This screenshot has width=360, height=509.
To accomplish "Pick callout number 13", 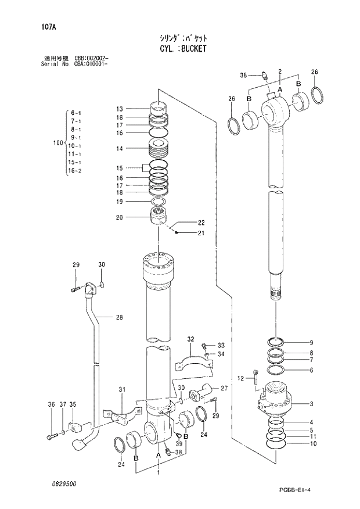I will coord(119,109).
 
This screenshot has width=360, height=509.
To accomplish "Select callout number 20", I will coord(119,218).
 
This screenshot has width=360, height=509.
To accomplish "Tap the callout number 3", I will coord(311,403).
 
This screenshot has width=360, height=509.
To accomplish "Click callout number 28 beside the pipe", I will coord(119,317).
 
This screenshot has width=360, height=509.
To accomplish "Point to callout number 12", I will coord(240,379).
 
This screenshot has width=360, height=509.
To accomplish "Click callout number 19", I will coord(119,202).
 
